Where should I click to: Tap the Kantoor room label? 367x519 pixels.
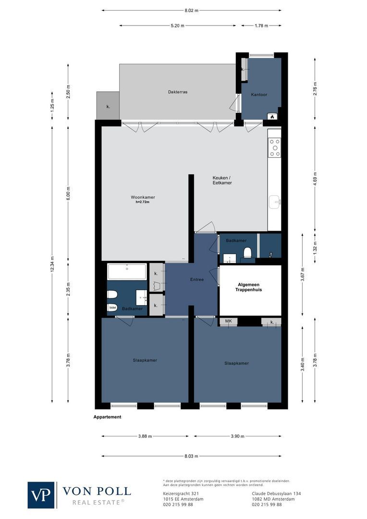(x=259, y=95)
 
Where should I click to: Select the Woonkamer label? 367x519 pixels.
(x=143, y=197)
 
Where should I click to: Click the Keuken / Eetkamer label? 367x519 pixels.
(x=222, y=180)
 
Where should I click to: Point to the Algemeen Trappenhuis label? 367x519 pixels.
(x=248, y=288)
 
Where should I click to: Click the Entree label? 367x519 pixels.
(x=197, y=279)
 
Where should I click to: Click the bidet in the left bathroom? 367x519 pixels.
(x=112, y=307)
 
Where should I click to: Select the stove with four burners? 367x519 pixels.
(x=275, y=148)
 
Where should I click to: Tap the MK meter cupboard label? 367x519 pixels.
(x=228, y=321)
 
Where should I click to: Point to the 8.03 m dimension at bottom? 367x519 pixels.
(x=191, y=456)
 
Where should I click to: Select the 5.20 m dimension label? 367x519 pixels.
(x=177, y=26)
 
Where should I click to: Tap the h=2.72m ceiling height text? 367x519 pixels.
(x=143, y=202)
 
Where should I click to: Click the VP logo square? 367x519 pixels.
(x=41, y=494)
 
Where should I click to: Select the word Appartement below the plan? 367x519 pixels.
(x=107, y=417)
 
